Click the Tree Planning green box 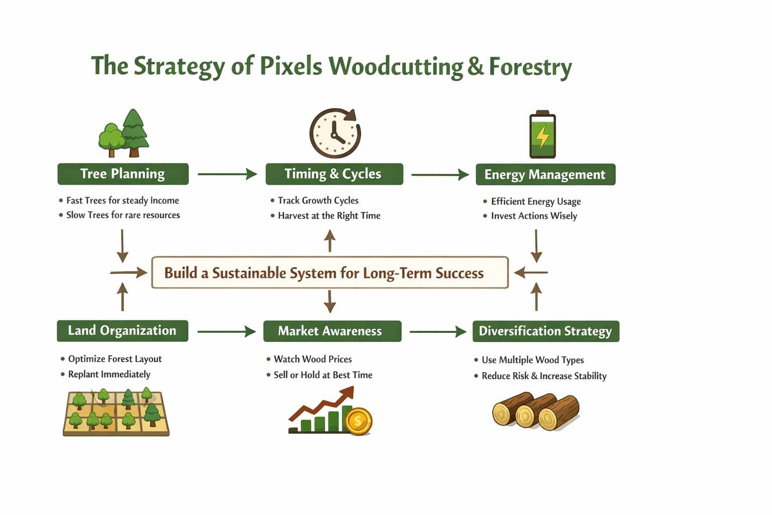123,174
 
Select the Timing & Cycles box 334,174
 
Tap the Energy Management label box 545,174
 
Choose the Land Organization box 123,331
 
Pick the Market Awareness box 332,331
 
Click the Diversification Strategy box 546,331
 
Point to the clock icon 335,133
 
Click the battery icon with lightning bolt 542,134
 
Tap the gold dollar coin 358,421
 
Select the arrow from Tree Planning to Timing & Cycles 228,174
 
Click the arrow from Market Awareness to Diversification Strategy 438,332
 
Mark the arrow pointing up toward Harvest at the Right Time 330,241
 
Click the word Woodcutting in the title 396,66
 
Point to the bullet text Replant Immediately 109,374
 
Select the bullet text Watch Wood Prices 313,359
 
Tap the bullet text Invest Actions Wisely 534,216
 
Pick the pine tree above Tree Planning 134,133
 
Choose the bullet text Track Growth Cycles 318,200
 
